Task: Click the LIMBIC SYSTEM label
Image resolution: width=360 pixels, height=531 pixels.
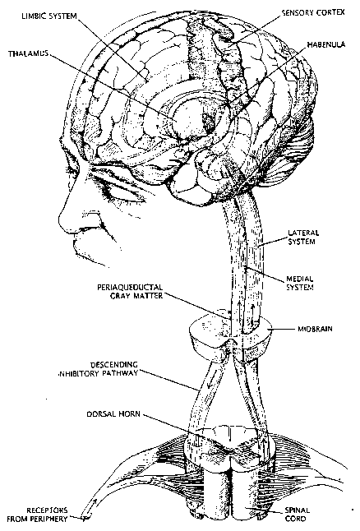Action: point(49,16)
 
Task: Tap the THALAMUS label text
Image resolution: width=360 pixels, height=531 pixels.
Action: point(28,53)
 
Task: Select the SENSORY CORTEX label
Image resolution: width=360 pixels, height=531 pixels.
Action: point(313,13)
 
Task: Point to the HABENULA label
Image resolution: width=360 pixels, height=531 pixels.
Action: point(326,44)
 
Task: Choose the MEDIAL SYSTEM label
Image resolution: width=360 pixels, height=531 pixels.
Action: point(300,283)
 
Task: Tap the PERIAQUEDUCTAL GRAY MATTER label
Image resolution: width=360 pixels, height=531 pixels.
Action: point(130,291)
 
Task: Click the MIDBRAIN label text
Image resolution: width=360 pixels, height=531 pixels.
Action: point(315,329)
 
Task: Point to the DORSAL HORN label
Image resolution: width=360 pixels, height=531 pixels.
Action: point(113,413)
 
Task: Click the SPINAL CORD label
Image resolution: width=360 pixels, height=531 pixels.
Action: point(297,514)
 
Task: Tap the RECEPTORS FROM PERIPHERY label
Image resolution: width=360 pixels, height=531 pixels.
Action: point(37,514)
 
